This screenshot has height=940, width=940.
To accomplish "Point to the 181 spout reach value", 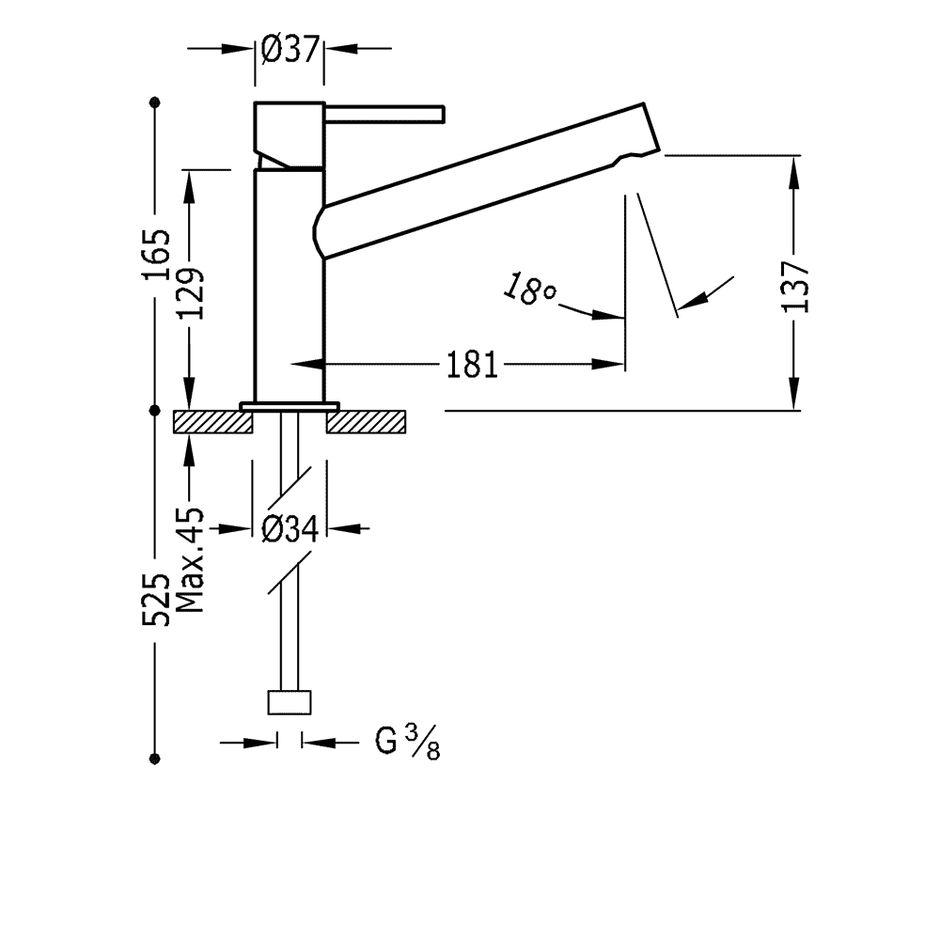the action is coord(473,365).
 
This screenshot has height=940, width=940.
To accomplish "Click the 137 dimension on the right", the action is coord(795,287).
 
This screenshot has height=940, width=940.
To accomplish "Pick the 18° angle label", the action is coord(529,289).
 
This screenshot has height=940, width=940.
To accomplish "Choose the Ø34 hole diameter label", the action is coord(290,528).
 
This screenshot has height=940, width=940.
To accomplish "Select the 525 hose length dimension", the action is coord(156,600).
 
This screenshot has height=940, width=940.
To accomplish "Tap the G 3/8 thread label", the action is coord(408,743).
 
